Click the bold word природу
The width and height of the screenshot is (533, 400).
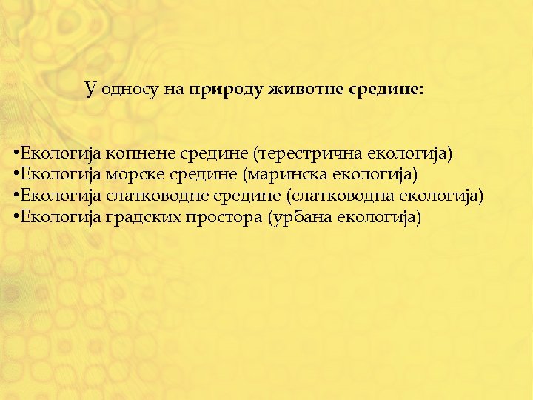(224, 91)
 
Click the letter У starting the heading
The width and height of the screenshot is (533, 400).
(90, 90)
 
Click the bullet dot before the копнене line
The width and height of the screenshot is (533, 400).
(16, 154)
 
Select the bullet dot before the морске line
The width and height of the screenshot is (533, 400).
(16, 175)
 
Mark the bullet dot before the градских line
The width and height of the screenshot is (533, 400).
(16, 217)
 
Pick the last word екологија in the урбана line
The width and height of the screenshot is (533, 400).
(378, 217)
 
